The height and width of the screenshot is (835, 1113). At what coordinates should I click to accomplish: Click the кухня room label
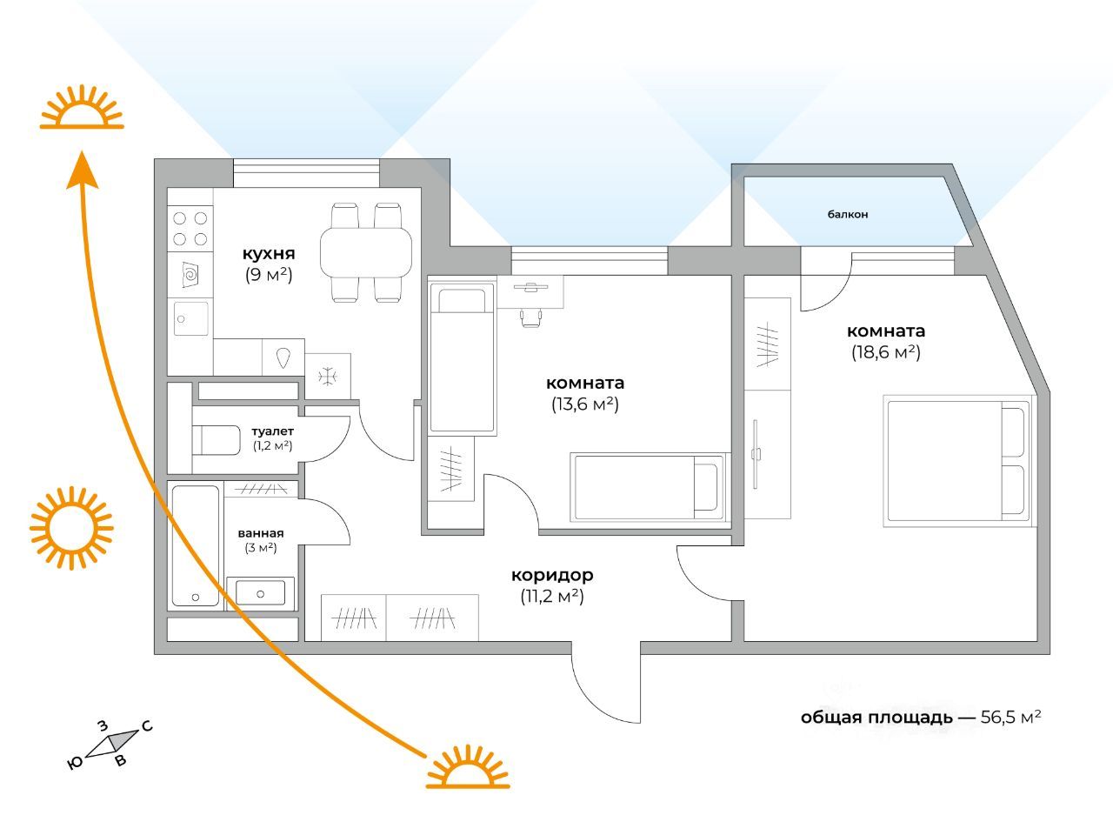[x=269, y=253]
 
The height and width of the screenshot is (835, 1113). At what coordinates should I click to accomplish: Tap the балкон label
[x=847, y=215]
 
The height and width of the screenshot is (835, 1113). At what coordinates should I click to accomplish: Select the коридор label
[x=552, y=575]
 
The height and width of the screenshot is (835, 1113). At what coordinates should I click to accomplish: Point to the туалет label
[x=272, y=431]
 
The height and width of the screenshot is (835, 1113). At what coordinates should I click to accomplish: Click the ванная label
[x=261, y=533]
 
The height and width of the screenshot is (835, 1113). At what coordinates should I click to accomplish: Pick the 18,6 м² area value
[x=886, y=352]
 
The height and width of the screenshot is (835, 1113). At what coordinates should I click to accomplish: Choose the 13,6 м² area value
[x=585, y=404]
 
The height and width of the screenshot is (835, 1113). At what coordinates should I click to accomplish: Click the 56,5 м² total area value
[x=1010, y=717]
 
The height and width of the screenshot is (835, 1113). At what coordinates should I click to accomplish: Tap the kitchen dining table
[x=365, y=252]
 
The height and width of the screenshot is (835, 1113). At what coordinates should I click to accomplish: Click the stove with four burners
[x=190, y=229]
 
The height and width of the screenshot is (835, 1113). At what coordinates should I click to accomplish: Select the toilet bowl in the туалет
[x=216, y=440]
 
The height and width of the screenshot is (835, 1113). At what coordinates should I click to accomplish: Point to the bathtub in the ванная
[x=196, y=545]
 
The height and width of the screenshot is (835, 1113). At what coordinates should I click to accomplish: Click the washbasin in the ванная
[x=260, y=592]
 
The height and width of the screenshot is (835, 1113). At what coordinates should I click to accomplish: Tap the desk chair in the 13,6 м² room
[x=531, y=317]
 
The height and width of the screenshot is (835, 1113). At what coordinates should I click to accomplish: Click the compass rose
[x=110, y=744]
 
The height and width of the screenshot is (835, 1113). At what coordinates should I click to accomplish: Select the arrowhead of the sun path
[x=82, y=170]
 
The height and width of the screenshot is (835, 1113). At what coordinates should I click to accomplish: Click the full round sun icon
[x=71, y=528]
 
